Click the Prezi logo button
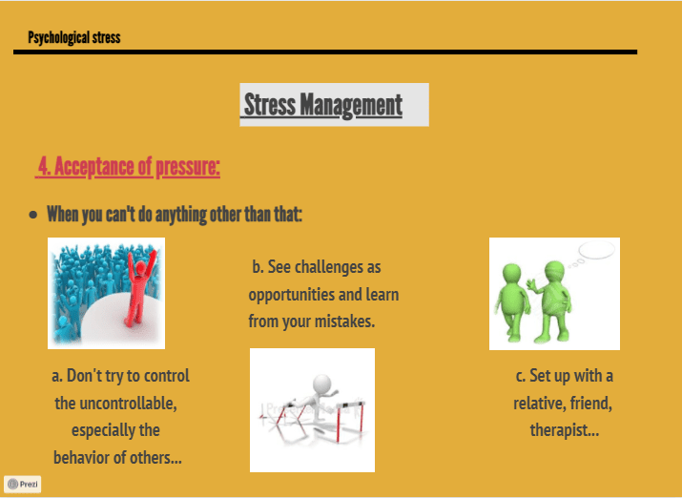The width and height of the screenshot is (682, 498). pyautogui.click(x=23, y=484)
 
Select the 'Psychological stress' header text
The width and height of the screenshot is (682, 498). pyautogui.click(x=74, y=38)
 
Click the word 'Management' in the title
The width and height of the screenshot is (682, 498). pyautogui.click(x=351, y=106)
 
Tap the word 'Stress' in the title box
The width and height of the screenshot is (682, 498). pyautogui.click(x=270, y=105)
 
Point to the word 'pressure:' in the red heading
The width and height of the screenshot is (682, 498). pyautogui.click(x=188, y=167)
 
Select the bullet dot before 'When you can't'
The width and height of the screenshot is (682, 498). pyautogui.click(x=33, y=215)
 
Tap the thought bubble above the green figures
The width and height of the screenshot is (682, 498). pyautogui.click(x=595, y=251)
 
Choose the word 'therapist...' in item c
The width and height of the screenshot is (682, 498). pyautogui.click(x=565, y=430)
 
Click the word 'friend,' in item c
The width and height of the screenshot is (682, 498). pyautogui.click(x=590, y=404)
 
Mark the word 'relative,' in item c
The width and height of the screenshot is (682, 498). pyautogui.click(x=539, y=404)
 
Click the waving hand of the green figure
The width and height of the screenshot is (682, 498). pyautogui.click(x=531, y=285)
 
